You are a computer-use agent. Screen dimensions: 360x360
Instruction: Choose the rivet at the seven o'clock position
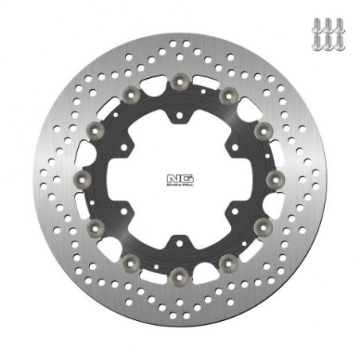pos(130,263)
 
